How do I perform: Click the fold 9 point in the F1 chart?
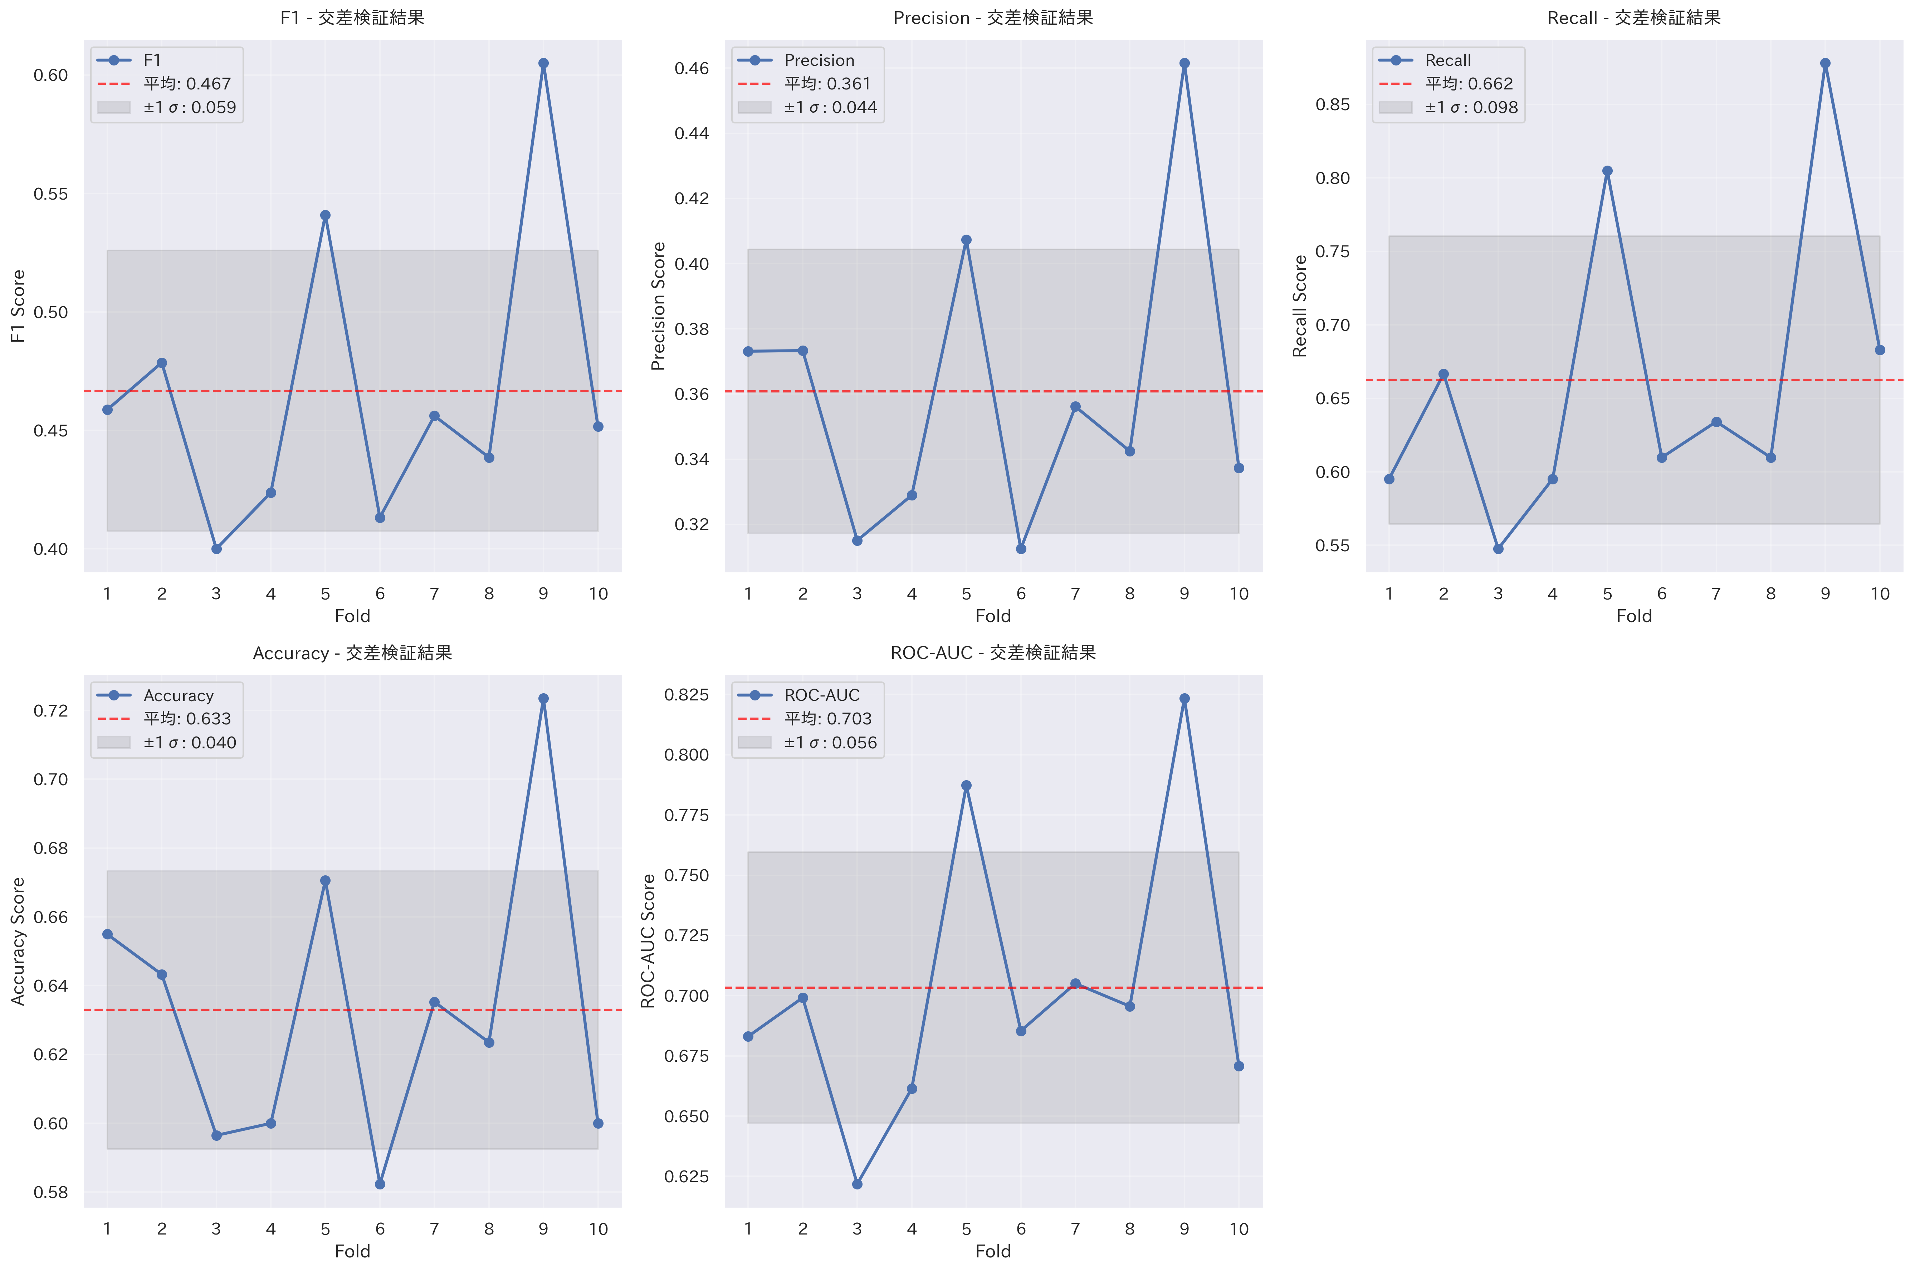(x=543, y=63)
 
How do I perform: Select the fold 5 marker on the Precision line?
(x=966, y=240)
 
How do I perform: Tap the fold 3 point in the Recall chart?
(x=1498, y=549)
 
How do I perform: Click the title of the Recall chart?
(x=1634, y=18)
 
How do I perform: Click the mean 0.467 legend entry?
(x=186, y=83)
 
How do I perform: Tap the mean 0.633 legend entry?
(x=186, y=719)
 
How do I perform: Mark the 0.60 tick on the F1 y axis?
(x=50, y=75)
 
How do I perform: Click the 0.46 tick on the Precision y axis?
(x=691, y=68)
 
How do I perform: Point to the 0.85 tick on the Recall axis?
(x=1332, y=104)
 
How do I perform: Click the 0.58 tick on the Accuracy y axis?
(x=50, y=1192)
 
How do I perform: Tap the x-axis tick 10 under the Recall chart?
(x=1879, y=594)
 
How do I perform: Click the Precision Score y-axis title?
(x=658, y=307)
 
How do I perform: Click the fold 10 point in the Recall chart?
(x=1879, y=350)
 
